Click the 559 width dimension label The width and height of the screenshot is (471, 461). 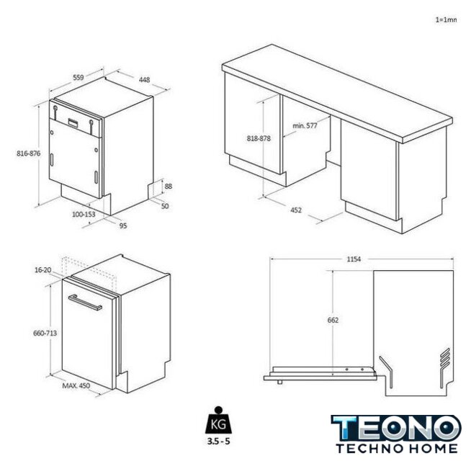(x=78, y=78)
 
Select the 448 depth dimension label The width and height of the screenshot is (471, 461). (x=144, y=80)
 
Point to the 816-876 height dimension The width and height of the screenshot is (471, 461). (x=29, y=153)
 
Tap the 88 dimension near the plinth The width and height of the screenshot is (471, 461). (x=169, y=187)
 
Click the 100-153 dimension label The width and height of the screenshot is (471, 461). (x=84, y=214)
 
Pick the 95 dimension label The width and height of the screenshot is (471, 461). (x=123, y=225)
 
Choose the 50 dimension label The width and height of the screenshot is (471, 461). (x=165, y=206)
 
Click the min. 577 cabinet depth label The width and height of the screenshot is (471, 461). (x=305, y=125)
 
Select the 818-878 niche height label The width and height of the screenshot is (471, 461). (x=259, y=138)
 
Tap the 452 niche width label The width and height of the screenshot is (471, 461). (x=296, y=210)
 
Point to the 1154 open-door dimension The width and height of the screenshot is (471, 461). (x=354, y=259)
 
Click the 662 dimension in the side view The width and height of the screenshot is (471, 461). (x=333, y=320)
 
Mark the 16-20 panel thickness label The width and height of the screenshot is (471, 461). (x=43, y=270)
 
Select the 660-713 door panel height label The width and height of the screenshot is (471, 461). (x=45, y=333)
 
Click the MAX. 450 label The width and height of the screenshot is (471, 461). (x=76, y=385)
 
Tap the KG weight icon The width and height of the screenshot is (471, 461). (x=219, y=421)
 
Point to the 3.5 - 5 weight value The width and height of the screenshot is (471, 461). (x=218, y=441)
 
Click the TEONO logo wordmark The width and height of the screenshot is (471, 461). (x=396, y=428)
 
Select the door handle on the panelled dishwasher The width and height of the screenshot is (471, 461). (x=85, y=303)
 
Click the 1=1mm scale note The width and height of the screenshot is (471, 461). (x=446, y=20)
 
